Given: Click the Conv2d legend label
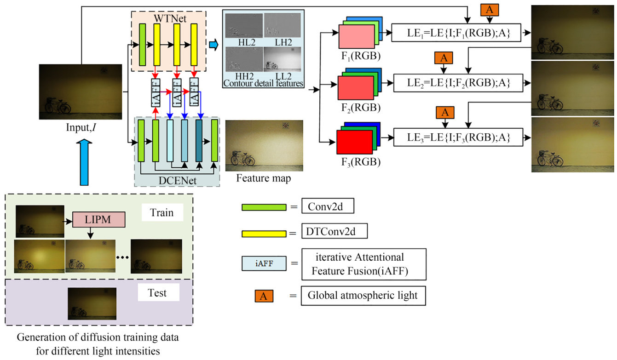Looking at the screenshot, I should [328, 207].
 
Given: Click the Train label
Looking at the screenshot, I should [162, 213].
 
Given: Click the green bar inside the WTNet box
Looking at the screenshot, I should [142, 45].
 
